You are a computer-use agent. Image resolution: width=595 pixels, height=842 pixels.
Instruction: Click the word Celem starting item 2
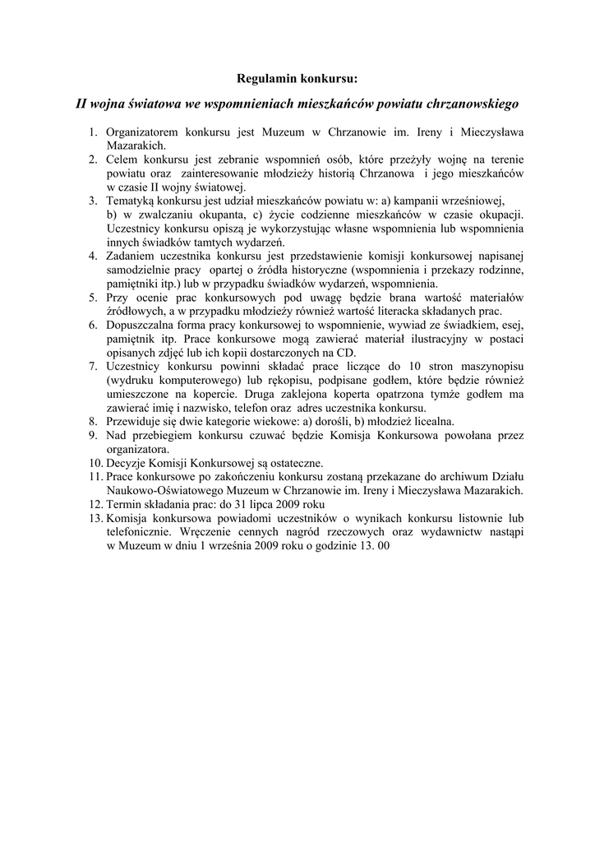(x=122, y=160)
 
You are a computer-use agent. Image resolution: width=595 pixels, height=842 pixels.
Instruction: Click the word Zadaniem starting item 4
(x=133, y=257)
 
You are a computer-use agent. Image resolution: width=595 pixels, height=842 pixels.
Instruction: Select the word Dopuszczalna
(x=145, y=326)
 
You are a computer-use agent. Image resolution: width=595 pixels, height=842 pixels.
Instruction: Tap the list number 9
(x=95, y=436)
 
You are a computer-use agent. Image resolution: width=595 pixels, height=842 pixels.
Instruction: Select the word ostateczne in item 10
(x=294, y=464)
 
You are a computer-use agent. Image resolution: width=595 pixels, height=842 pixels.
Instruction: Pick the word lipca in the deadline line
(x=256, y=505)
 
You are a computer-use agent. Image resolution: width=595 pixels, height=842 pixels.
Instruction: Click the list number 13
(x=95, y=519)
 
